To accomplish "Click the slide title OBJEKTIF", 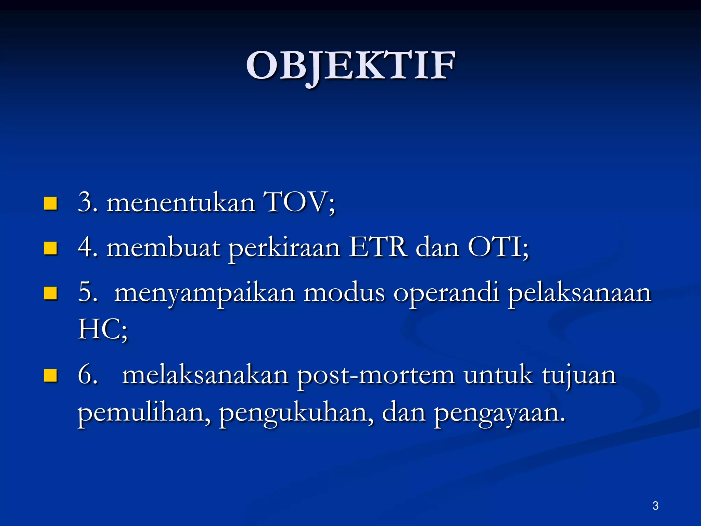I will [350, 66].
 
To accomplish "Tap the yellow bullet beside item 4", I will [50, 248].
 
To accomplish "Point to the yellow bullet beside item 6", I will [50, 375].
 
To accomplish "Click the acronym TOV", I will [295, 202].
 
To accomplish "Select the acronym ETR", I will [378, 247].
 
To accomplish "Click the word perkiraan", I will [284, 249].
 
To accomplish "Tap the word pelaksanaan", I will [579, 294].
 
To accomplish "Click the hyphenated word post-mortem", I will [376, 376].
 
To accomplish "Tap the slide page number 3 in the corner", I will [655, 505].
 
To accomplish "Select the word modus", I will [344, 294].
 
